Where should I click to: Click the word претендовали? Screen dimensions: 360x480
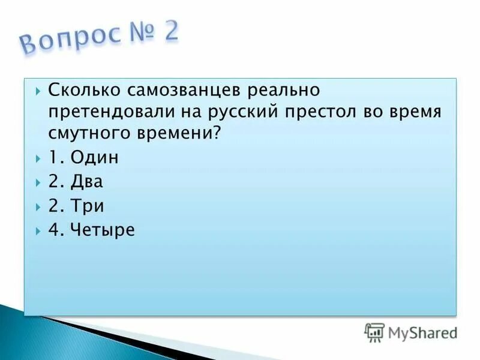[x=113, y=112]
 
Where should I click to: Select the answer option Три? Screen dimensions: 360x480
[x=88, y=206]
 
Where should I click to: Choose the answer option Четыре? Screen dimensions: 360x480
[x=102, y=230]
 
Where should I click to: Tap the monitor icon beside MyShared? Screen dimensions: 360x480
[x=374, y=332]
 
